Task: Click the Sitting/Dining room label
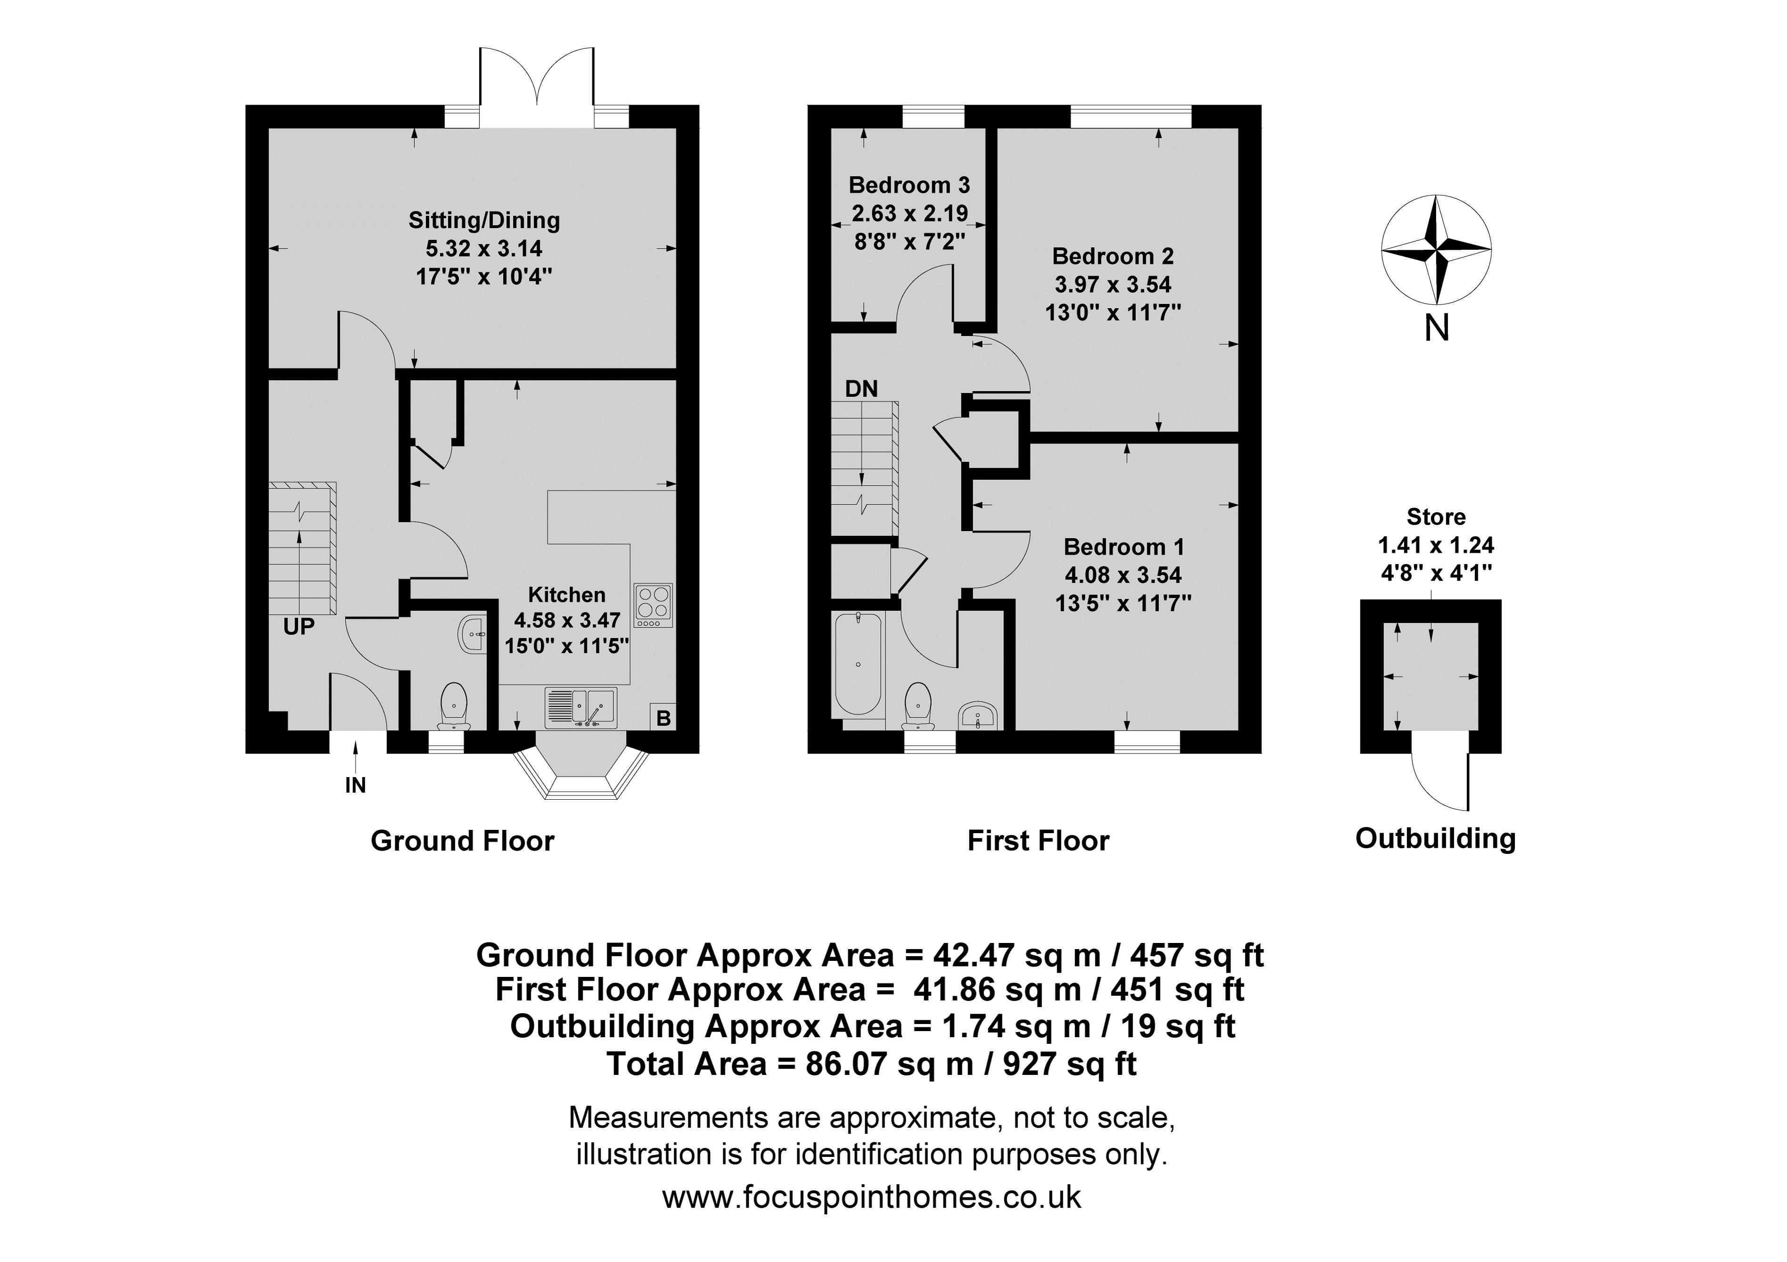coord(484,220)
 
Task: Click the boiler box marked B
coord(663,717)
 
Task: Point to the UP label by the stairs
coord(299,626)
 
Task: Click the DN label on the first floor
coord(861,388)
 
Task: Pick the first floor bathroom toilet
coord(919,706)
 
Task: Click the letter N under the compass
coord(1437,328)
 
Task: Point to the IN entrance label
coord(356,786)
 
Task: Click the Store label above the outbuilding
coord(1436,516)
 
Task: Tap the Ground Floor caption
coord(463,841)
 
